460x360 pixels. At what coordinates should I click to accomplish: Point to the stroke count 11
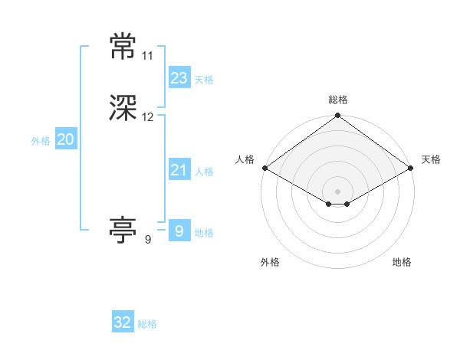(x=148, y=56)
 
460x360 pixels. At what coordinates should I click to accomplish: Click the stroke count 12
(x=148, y=117)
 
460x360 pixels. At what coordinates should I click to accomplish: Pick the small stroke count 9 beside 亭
(x=148, y=239)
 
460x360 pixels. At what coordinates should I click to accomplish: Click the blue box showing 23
(x=179, y=77)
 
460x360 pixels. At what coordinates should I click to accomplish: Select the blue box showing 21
(x=179, y=170)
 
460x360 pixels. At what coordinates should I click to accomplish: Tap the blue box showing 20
(x=66, y=139)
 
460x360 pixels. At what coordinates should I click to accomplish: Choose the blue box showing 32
(x=123, y=322)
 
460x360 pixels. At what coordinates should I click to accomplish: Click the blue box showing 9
(x=179, y=231)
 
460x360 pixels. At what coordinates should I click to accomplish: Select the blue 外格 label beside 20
(x=41, y=141)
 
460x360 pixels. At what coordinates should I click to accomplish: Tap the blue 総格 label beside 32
(x=147, y=324)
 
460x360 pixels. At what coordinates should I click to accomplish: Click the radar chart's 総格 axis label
(x=337, y=100)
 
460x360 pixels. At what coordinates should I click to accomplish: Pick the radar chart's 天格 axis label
(x=431, y=159)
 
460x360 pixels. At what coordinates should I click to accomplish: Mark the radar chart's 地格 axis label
(x=402, y=262)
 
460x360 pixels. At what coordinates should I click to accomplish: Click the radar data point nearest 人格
(x=264, y=168)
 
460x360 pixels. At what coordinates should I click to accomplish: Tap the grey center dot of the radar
(x=337, y=191)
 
